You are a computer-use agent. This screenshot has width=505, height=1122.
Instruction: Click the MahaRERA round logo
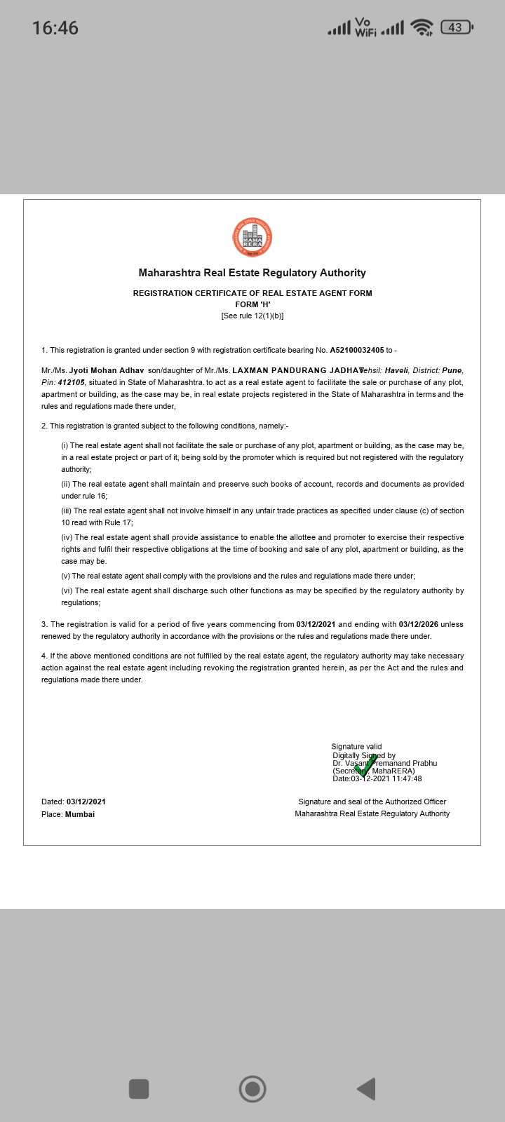252,237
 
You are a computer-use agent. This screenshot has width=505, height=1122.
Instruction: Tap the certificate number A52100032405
357,350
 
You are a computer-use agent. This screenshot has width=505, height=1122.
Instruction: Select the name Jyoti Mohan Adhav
107,370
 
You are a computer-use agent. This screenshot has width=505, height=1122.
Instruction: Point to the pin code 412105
72,382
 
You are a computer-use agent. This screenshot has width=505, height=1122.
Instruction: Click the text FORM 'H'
252,304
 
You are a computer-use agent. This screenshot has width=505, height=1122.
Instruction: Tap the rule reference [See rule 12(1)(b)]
252,316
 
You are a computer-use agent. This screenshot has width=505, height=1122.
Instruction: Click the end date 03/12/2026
419,624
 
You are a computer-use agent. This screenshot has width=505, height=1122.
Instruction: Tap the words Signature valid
356,747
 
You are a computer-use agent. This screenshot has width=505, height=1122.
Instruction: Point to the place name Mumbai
80,814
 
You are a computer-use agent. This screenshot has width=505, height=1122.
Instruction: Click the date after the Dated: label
86,802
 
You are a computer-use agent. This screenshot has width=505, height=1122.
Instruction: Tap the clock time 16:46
55,28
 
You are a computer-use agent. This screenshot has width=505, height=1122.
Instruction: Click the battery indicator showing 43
457,27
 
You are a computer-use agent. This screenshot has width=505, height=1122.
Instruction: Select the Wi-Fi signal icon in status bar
422,27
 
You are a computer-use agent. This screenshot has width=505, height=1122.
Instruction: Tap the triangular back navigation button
366,1089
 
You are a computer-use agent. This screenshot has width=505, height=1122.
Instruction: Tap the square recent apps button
139,1089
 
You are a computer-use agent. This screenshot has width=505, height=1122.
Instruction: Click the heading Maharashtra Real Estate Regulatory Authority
252,273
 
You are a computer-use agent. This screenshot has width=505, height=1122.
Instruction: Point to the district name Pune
452,370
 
